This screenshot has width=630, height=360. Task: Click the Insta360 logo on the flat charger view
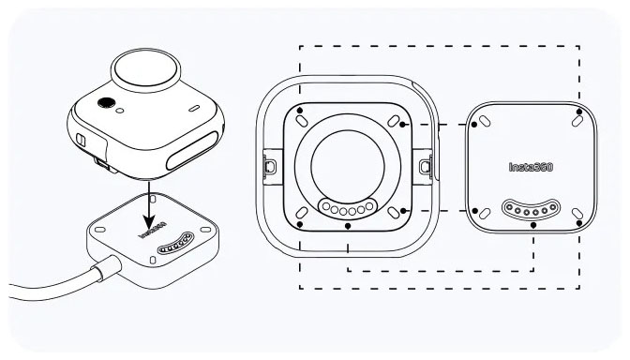531,167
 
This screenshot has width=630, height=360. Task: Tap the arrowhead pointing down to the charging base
149,222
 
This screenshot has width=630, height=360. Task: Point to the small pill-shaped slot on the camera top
194,108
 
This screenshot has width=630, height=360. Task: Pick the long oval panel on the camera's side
192,151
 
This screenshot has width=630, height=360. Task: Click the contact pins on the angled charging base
175,245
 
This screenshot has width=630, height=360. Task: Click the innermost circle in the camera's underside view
348,165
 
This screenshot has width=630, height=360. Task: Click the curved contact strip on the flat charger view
531,209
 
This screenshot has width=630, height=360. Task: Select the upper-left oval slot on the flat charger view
485,121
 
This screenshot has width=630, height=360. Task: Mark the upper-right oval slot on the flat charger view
577,121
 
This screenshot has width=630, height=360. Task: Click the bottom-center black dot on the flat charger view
533,226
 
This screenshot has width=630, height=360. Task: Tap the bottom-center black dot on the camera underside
348,226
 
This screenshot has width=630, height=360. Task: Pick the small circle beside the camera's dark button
120,111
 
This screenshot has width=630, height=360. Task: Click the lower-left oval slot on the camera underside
302,213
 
